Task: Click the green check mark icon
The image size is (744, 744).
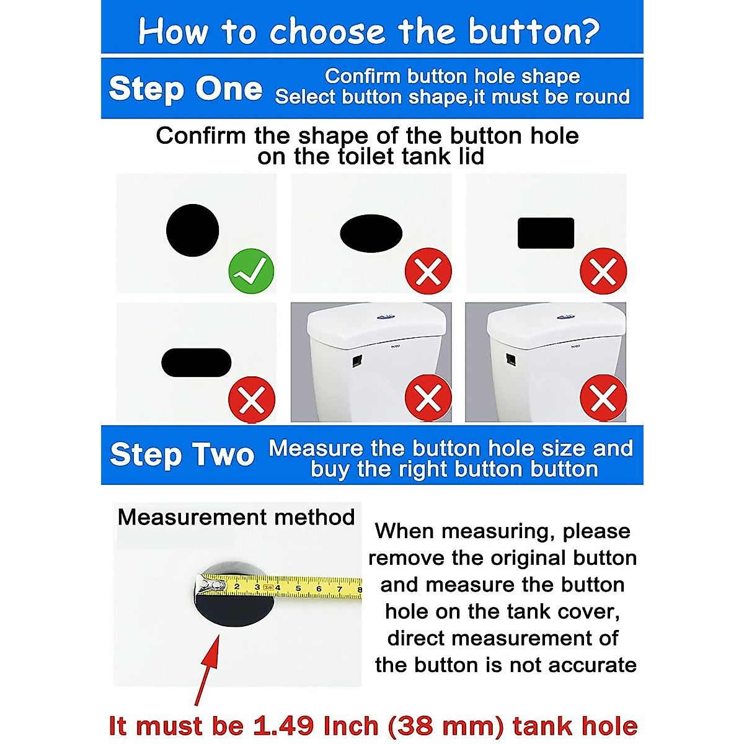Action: pos(251,271)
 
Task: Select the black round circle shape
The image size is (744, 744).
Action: pos(193,230)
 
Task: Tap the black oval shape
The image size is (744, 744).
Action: pos(371,233)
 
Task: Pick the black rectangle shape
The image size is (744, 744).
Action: pos(546,233)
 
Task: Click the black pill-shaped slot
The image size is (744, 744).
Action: pos(196,363)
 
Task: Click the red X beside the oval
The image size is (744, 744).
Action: pos(428,271)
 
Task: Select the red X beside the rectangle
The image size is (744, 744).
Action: pos(603,271)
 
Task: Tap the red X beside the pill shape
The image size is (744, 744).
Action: pos(252,400)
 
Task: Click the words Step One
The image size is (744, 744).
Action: pos(185,89)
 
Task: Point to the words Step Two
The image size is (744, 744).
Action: pos(182,454)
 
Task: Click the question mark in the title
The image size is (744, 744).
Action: pos(590,31)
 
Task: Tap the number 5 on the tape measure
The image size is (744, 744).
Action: pos(298,588)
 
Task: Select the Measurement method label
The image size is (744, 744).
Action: pos(236,516)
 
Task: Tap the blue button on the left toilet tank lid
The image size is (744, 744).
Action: pos(386,317)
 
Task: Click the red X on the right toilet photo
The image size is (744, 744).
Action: pos(603,398)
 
